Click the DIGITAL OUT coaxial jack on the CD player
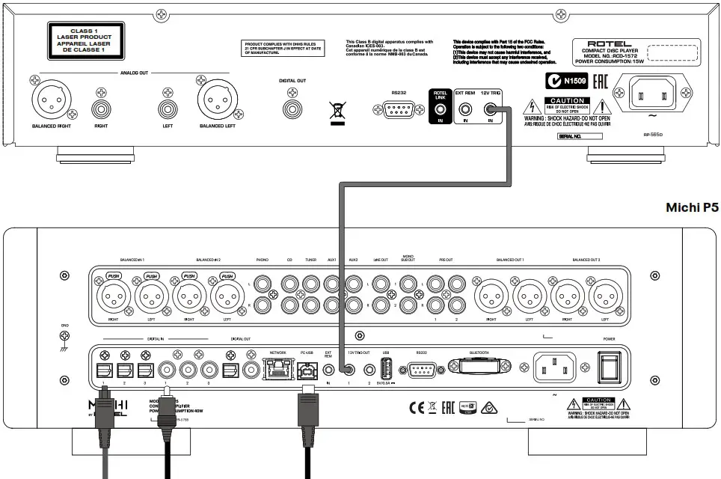click(292, 108)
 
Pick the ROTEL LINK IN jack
click(440, 110)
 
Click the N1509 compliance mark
click(565, 80)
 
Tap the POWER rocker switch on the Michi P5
click(610, 367)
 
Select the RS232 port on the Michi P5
click(423, 368)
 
